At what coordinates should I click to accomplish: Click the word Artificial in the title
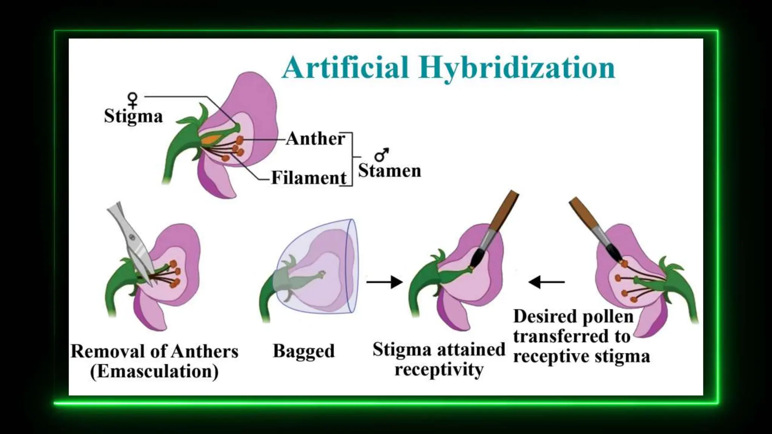(x=345, y=68)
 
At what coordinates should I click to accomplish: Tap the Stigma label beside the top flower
(x=133, y=116)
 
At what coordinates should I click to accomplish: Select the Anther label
(x=315, y=139)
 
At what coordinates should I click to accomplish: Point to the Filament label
(x=309, y=177)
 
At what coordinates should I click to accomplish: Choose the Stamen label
(x=389, y=171)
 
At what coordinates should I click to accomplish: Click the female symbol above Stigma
(x=133, y=99)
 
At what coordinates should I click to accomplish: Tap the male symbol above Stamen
(x=381, y=154)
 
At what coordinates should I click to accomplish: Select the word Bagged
(x=303, y=351)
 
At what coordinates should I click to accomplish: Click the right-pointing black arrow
(x=384, y=281)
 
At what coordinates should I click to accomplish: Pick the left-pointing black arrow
(x=547, y=281)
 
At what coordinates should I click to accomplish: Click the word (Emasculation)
(x=154, y=371)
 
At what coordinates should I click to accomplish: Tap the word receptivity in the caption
(x=439, y=369)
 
